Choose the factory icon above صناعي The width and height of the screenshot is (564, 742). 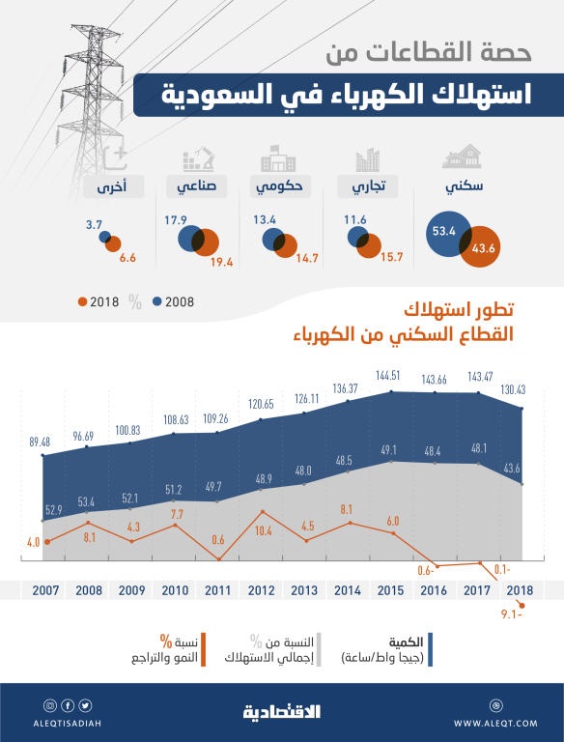coord(200,157)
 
